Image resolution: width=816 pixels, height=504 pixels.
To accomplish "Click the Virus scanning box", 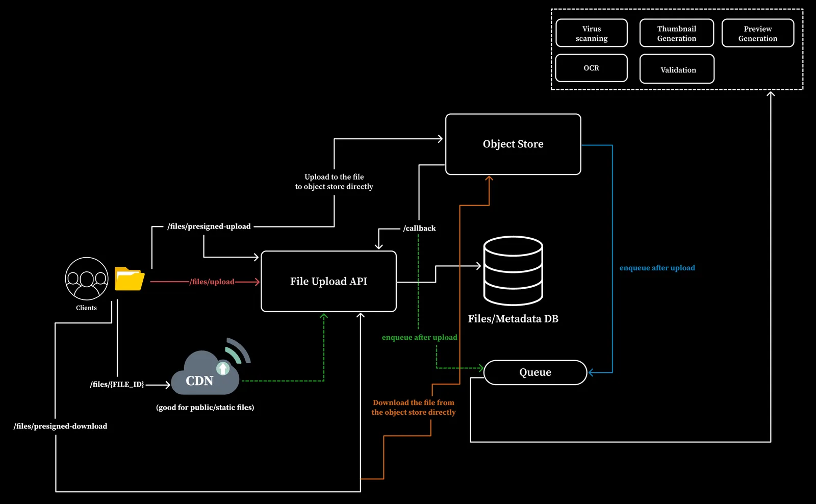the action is (592, 33).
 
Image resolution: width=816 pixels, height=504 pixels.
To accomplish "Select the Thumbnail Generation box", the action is (677, 33).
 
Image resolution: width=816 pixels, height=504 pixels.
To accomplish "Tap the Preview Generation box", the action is (758, 33).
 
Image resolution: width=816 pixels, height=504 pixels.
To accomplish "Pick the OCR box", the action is (592, 68).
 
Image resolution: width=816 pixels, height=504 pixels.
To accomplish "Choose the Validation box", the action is (677, 69).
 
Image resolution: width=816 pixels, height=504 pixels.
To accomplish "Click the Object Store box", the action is (513, 144).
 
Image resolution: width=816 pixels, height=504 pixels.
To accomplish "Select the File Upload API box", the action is (328, 282).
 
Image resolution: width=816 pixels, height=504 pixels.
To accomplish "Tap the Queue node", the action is (535, 372).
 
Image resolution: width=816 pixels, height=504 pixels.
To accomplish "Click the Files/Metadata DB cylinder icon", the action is (513, 270).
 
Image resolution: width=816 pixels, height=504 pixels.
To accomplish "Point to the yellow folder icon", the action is (130, 279).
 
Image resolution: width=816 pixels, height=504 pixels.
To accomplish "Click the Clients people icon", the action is (87, 279).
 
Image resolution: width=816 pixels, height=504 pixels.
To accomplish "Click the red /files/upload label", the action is (212, 282).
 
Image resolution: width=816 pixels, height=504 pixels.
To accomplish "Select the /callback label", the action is (419, 229).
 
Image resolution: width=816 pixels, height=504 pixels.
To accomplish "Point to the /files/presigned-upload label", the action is (209, 226).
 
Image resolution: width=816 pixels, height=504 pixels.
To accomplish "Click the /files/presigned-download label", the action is (61, 426).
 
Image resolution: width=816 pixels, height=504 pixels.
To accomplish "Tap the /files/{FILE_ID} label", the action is (117, 385).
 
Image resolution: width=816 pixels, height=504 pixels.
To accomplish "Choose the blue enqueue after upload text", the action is (657, 268).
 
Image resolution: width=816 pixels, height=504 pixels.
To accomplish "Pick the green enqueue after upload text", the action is (419, 338).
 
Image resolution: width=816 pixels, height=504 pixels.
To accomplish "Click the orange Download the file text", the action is (414, 408).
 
